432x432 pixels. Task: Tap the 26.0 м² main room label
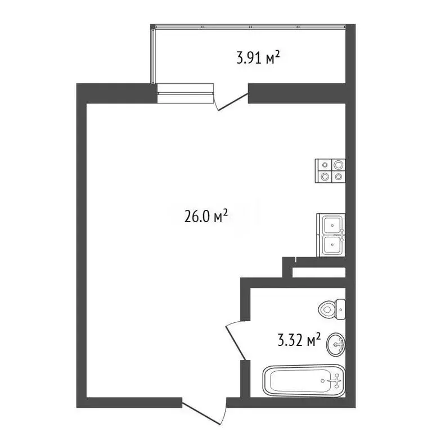point(205,216)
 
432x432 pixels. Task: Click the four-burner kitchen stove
point(330,170)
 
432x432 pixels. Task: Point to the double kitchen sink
point(331,235)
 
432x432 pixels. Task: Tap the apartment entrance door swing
point(204,412)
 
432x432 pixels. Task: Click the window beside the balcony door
point(186,93)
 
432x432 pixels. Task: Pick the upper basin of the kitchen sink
point(332,226)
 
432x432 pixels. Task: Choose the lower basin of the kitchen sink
point(332,245)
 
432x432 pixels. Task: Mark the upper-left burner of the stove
point(325,165)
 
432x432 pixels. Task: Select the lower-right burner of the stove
point(337,175)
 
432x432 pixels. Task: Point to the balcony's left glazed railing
point(152,56)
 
